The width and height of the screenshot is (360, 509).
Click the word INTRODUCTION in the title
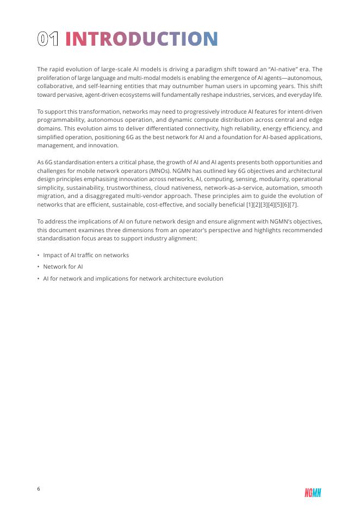[141, 39]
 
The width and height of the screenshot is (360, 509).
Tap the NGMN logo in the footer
[313, 493]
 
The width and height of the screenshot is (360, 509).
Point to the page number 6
[39, 489]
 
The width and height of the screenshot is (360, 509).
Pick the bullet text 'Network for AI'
[63, 267]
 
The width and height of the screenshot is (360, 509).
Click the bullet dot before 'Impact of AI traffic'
[39, 255]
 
